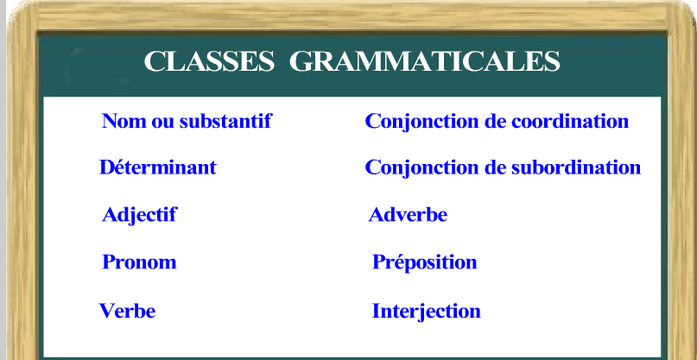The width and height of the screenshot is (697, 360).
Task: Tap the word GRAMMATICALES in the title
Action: (424, 63)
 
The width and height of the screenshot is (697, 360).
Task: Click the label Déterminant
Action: (158, 167)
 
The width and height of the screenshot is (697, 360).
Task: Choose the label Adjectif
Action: (139, 215)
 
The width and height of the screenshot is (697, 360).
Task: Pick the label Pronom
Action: (139, 262)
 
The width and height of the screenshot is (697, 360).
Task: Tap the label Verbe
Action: (128, 311)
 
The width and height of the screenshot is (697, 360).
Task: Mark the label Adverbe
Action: (408, 215)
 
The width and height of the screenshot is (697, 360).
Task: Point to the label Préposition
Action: (424, 262)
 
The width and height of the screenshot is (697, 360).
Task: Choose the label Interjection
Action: (426, 311)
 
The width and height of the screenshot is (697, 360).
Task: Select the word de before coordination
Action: (496, 121)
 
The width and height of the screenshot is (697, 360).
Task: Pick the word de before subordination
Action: (496, 167)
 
